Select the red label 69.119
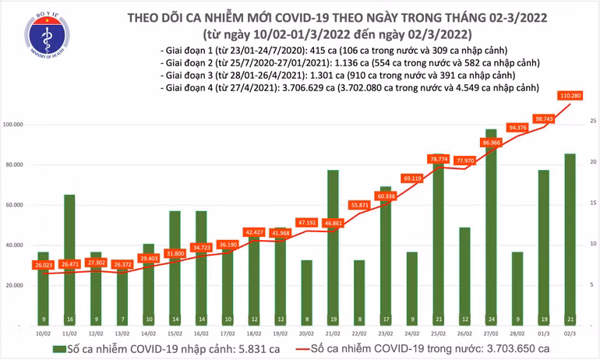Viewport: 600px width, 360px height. click(412, 178)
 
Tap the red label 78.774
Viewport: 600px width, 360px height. click(439, 159)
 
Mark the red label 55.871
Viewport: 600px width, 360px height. click(360, 205)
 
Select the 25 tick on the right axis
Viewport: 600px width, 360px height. click(593, 122)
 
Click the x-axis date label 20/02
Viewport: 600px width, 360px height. click(306, 334)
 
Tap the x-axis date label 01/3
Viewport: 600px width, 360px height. click(544, 334)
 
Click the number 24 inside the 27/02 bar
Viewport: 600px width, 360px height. click(491, 319)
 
